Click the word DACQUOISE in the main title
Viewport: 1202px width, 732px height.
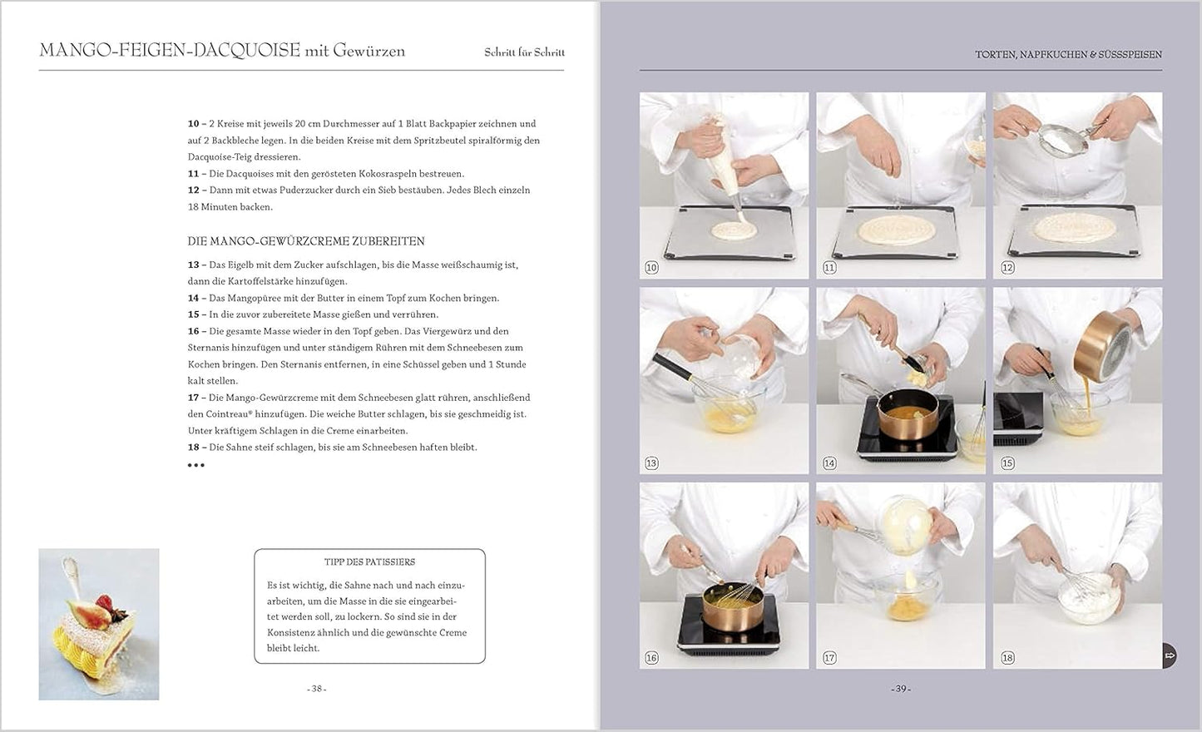click(246, 50)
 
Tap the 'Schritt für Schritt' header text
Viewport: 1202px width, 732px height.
click(524, 52)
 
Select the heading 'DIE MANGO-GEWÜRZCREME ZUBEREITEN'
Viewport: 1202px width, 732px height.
click(306, 241)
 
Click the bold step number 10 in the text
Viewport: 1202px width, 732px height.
click(193, 124)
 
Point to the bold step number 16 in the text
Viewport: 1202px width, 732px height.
click(193, 331)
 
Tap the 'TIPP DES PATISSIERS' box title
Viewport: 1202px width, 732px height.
click(369, 562)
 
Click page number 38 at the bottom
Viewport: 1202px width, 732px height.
click(317, 689)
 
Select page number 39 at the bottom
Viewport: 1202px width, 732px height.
click(900, 689)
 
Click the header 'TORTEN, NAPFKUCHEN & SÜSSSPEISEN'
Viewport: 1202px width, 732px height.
click(1068, 55)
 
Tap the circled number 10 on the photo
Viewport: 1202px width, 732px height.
click(651, 268)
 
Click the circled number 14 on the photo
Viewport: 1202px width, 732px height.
click(829, 463)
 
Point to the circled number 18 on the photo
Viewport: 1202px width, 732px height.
click(1007, 658)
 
